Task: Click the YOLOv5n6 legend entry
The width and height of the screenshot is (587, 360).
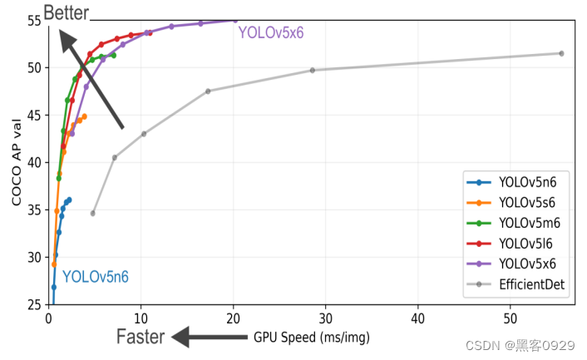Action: pos(526,183)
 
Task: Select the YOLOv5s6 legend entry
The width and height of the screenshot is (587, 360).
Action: pos(526,203)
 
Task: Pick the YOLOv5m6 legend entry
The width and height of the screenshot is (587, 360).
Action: pos(526,223)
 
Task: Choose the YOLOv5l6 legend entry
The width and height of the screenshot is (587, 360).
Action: pos(526,244)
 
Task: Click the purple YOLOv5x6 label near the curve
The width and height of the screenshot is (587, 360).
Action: pos(271,33)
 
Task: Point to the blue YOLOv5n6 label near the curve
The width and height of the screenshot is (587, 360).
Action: pos(96,277)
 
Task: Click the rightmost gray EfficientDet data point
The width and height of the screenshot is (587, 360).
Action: pos(561,53)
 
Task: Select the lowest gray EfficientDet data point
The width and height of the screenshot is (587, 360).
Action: pos(93,214)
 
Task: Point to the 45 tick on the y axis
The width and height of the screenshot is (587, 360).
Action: pos(37,115)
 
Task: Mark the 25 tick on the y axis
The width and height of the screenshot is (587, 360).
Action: pos(37,304)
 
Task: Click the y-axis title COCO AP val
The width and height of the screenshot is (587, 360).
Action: pos(17,163)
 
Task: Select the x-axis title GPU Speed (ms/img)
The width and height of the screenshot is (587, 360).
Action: pos(312,338)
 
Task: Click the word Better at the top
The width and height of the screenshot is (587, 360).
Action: pos(67,12)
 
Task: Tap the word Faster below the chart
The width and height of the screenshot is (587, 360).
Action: pos(141,337)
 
